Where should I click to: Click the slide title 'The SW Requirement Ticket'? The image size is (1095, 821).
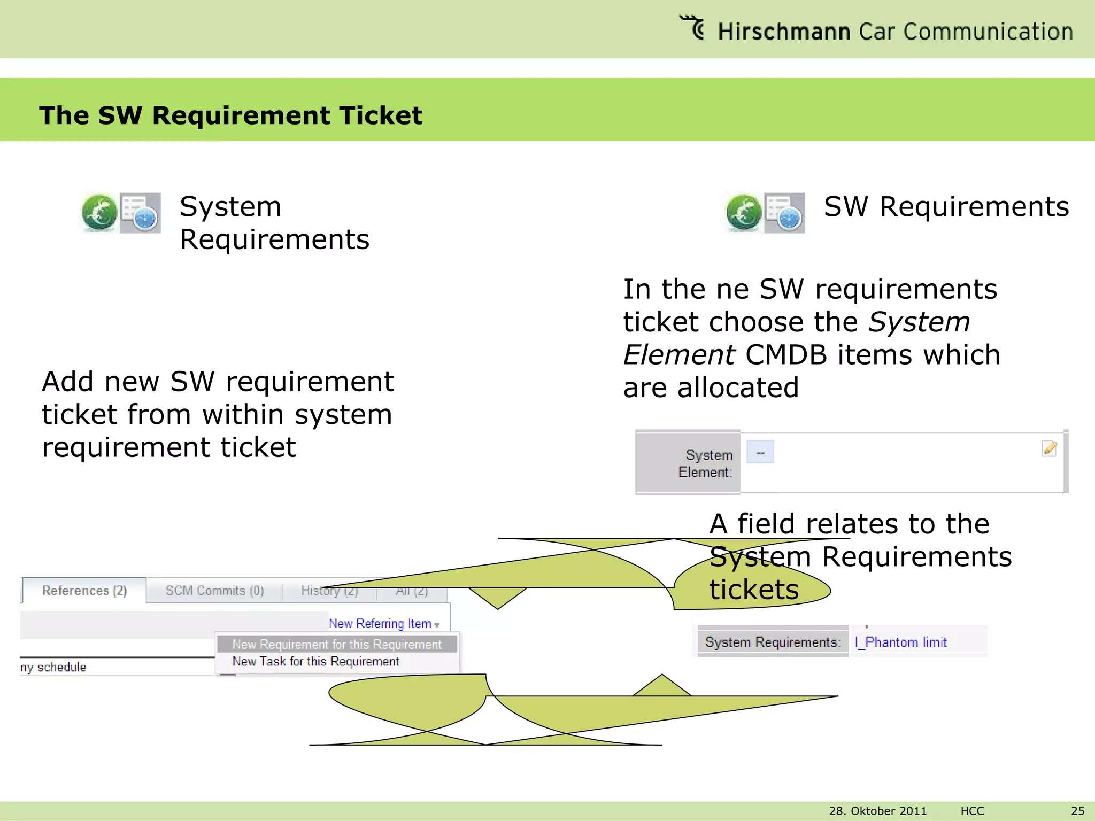pos(230,115)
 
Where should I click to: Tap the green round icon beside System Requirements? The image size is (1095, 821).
pos(99,213)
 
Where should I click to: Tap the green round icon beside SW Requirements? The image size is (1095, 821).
pos(744,213)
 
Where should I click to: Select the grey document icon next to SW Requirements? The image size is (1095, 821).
pos(784,213)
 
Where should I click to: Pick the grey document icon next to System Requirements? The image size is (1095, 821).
pos(140,213)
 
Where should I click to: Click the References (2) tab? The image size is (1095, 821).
pos(84,591)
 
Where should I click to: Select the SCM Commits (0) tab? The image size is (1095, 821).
pos(214,591)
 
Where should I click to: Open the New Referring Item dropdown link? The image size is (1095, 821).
pos(383,624)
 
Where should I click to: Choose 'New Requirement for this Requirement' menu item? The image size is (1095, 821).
pos(337,645)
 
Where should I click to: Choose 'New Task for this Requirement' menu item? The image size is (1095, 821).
pos(315,662)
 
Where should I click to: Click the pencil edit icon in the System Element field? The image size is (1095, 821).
pos(1050,448)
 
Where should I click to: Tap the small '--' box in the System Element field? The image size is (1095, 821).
pos(760,452)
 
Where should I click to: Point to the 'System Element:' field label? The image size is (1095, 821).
pos(705,463)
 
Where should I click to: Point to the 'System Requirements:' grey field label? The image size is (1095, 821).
pos(773,642)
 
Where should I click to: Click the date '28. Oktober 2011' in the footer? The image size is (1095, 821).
pos(877,811)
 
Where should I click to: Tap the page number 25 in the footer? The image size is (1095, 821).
pos(1077,811)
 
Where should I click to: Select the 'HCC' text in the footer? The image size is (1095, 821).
pos(972,811)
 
